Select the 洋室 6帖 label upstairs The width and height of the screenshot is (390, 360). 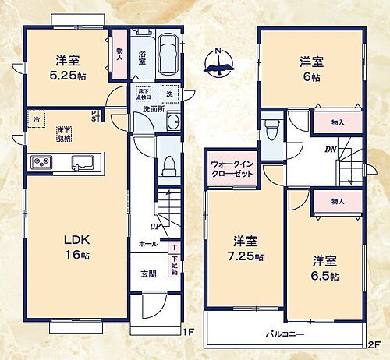pyautogui.click(x=311, y=69)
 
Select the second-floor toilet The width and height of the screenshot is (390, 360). pyautogui.click(x=271, y=129)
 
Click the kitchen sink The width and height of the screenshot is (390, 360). pyautogui.click(x=83, y=162)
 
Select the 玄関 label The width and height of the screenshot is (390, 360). pyautogui.click(x=149, y=274)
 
